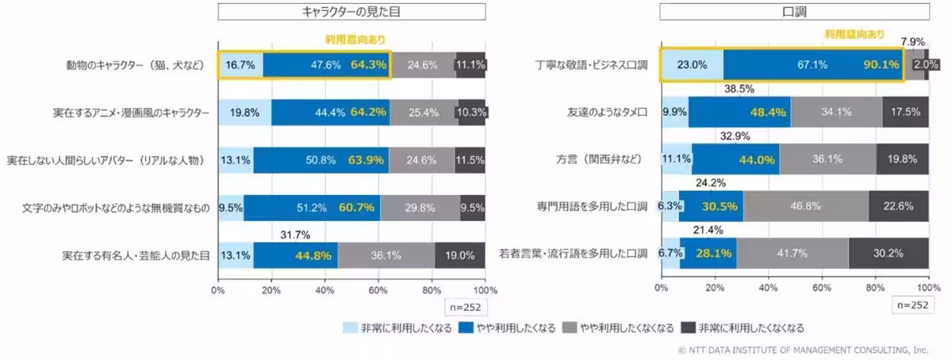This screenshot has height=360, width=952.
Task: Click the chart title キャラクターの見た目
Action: click(351, 12)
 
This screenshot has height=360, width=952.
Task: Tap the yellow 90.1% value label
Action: click(881, 66)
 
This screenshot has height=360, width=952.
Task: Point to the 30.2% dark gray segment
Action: click(889, 254)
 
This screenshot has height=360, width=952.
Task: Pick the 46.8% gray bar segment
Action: click(806, 206)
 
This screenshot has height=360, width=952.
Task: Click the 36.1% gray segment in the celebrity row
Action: click(386, 255)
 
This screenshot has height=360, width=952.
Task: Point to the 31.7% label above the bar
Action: click(295, 235)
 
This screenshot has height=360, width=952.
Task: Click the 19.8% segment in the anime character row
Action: click(244, 113)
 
